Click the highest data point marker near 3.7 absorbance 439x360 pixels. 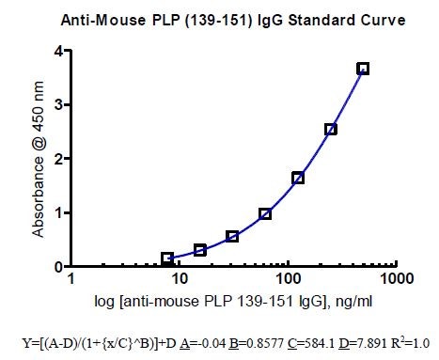pyautogui.click(x=363, y=69)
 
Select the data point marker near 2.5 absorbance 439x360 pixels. pyautogui.click(x=330, y=129)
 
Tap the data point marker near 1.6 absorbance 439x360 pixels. pyautogui.click(x=298, y=178)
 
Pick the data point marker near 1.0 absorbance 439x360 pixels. pyautogui.click(x=265, y=213)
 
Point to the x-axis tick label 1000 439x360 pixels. pyautogui.click(x=397, y=281)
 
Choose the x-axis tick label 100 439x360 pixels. pyautogui.click(x=287, y=281)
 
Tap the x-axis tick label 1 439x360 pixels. pyautogui.click(x=71, y=281)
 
